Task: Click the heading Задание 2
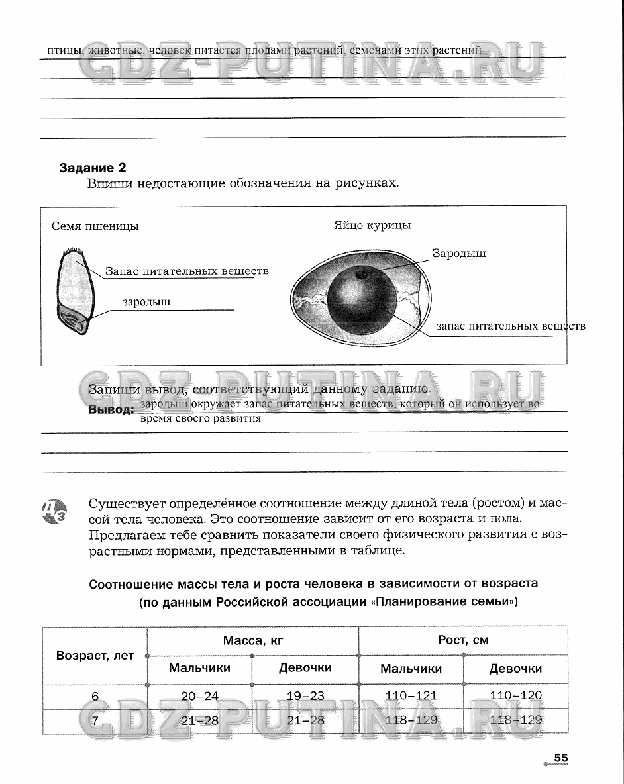click(93, 168)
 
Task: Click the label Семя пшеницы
click(95, 226)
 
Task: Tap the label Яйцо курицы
click(372, 225)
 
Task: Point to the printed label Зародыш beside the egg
click(459, 253)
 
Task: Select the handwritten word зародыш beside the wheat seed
click(146, 302)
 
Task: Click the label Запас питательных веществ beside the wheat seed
click(187, 271)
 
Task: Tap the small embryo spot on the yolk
click(362, 274)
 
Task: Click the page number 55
click(561, 758)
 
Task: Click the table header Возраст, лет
click(95, 655)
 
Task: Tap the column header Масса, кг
click(252, 640)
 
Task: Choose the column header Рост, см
click(463, 640)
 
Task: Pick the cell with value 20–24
click(199, 695)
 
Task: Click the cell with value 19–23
click(305, 695)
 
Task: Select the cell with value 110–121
click(411, 695)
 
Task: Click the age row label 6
click(95, 696)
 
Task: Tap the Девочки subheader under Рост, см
click(515, 668)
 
